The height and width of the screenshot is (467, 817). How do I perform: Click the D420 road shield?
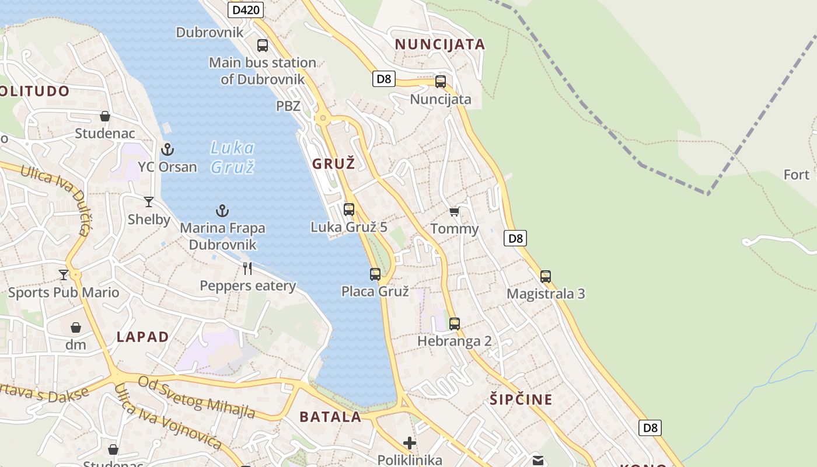[x=245, y=9]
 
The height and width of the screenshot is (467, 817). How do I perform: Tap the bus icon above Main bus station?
[x=263, y=46]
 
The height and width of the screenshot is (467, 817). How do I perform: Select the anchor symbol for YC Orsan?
[x=167, y=149]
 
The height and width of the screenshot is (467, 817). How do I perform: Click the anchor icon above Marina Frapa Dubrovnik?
[x=222, y=211]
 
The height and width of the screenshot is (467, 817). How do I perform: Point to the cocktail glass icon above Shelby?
[x=149, y=202]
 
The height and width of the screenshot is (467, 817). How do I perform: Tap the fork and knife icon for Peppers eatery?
[x=248, y=269]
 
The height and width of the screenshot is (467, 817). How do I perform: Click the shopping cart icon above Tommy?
[x=455, y=211]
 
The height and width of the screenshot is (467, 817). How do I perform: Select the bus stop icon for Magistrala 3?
[x=546, y=276]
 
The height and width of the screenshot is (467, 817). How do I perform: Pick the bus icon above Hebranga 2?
[x=455, y=323]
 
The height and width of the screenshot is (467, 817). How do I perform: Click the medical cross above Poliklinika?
[x=410, y=443]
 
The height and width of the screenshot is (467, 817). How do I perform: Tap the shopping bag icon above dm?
[x=76, y=327]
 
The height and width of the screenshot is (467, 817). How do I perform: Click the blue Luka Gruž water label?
[x=232, y=157]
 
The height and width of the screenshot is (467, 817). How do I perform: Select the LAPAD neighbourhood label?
[x=142, y=337]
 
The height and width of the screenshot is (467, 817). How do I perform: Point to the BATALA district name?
[x=330, y=417]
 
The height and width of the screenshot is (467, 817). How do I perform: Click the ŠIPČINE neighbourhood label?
[x=521, y=400]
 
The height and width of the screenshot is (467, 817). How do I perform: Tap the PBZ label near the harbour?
[x=288, y=106]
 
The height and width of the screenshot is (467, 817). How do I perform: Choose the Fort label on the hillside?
[x=796, y=175]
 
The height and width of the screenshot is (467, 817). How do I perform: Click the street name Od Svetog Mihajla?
[x=197, y=398]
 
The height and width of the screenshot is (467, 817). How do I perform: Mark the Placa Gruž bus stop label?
[x=375, y=291]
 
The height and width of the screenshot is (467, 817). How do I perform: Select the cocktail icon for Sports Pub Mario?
[x=64, y=274]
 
